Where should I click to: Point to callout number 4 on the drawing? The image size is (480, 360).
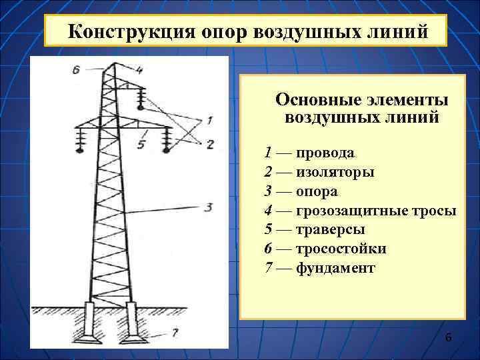(140, 69)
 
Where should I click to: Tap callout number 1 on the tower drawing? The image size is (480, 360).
(210, 121)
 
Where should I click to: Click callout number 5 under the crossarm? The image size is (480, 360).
(141, 143)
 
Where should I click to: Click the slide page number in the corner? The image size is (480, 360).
(448, 339)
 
